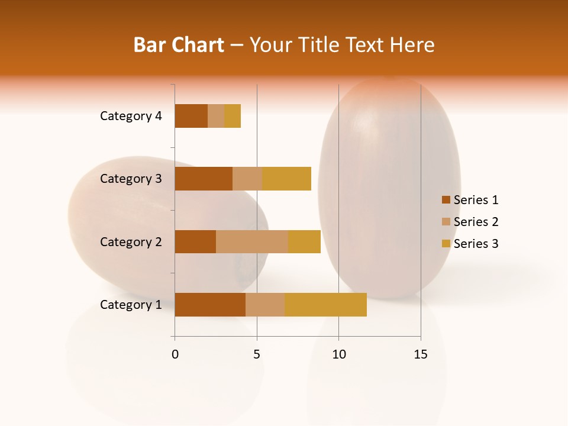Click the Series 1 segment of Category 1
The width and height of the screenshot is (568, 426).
(210, 305)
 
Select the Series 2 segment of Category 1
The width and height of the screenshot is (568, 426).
(265, 305)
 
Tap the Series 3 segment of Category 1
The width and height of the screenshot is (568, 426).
(325, 305)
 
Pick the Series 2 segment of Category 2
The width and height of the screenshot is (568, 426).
(252, 241)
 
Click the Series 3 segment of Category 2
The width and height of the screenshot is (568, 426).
(304, 241)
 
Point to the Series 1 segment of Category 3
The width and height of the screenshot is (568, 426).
(204, 179)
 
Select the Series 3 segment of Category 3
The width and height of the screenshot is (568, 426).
(286, 179)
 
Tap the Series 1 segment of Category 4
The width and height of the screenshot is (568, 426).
(191, 116)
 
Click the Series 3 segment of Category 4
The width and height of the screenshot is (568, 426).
(233, 116)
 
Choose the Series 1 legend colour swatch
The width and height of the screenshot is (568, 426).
(446, 200)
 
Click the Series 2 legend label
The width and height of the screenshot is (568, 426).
(476, 222)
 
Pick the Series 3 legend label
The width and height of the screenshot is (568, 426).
(476, 244)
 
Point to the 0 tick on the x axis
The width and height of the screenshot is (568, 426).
(175, 354)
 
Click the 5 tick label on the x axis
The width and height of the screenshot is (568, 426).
(257, 354)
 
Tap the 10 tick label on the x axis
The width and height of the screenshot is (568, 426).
(338, 354)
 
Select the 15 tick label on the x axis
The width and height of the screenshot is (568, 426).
(421, 354)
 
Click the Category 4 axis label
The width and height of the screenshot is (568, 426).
(131, 116)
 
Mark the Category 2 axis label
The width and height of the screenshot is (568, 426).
(131, 241)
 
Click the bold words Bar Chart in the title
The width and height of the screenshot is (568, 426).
(179, 45)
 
